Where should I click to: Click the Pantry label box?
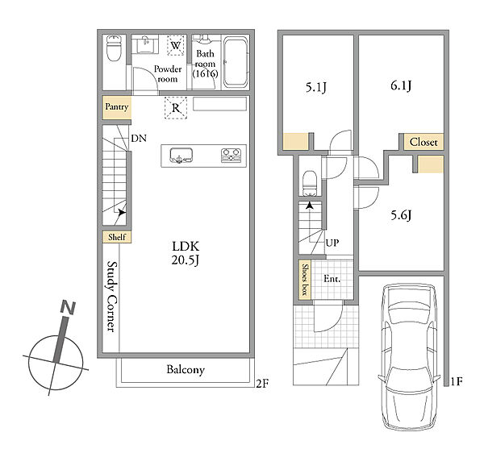pyautogui.click(x=117, y=108)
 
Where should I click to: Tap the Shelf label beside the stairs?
pyautogui.click(x=117, y=237)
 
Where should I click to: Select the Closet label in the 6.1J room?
pyautogui.click(x=423, y=142)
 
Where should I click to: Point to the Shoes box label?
pyautogui.click(x=305, y=280)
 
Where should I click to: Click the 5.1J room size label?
pyautogui.click(x=315, y=88)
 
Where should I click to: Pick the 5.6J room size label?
pyautogui.click(x=401, y=215)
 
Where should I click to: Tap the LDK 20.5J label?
pyautogui.click(x=186, y=253)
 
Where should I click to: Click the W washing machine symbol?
pyautogui.click(x=175, y=46)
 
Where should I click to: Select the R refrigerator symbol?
pyautogui.click(x=176, y=108)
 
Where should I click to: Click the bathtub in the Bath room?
pyautogui.click(x=236, y=62)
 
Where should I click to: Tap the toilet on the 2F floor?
pyautogui.click(x=114, y=48)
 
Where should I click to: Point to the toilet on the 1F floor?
pyautogui.click(x=310, y=184)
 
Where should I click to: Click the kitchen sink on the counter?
pyautogui.click(x=181, y=156)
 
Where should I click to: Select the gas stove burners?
pyautogui.click(x=231, y=156)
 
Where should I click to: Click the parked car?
pyautogui.click(x=409, y=356)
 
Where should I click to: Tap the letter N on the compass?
pyautogui.click(x=69, y=308)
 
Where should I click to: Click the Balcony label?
pyautogui.click(x=186, y=369)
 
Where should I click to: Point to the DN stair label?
pyautogui.click(x=139, y=138)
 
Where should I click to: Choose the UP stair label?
pyautogui.click(x=332, y=243)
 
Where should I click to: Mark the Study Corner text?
pyautogui.click(x=112, y=297)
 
